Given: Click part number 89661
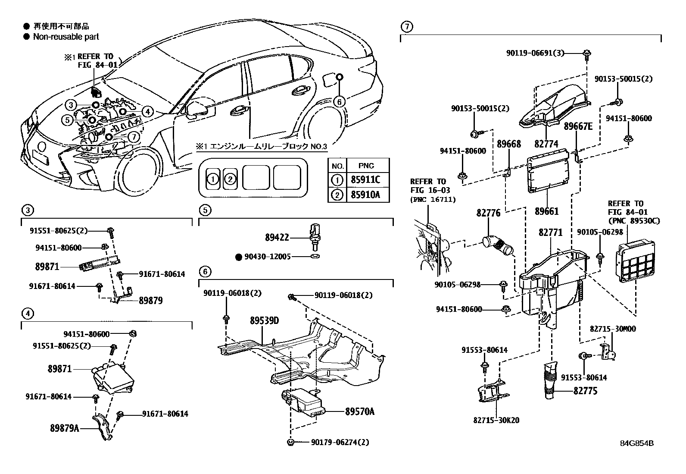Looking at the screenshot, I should pos(547,211).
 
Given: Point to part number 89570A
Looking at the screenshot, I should pos(359,411).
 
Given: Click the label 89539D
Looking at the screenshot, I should pos(265,321).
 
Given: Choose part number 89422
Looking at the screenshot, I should pos(277,237).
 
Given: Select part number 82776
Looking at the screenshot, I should pos(488,213).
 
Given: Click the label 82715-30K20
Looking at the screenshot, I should pos(496,420).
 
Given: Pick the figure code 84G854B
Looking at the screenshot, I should pos(636,443).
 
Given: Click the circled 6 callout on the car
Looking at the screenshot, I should pos(339,102).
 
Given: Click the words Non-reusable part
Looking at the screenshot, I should pos(66,37).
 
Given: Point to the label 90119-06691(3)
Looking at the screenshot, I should pos(535,53).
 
